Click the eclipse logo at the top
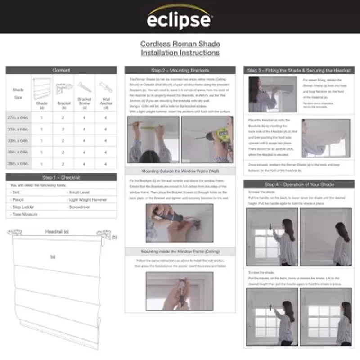(180, 18)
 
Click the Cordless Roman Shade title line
(180, 44)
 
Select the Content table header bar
(61, 70)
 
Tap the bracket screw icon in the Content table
(84, 87)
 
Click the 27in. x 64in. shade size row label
(18, 117)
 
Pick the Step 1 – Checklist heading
(61, 177)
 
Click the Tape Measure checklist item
(25, 214)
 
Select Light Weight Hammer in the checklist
(88, 199)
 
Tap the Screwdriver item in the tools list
(81, 207)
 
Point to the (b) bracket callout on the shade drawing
(114, 237)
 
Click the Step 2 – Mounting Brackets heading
(180, 70)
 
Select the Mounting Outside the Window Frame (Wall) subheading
(180, 171)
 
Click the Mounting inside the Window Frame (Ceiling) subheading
(180, 252)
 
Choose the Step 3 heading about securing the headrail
(299, 70)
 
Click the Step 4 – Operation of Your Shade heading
(299, 184)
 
